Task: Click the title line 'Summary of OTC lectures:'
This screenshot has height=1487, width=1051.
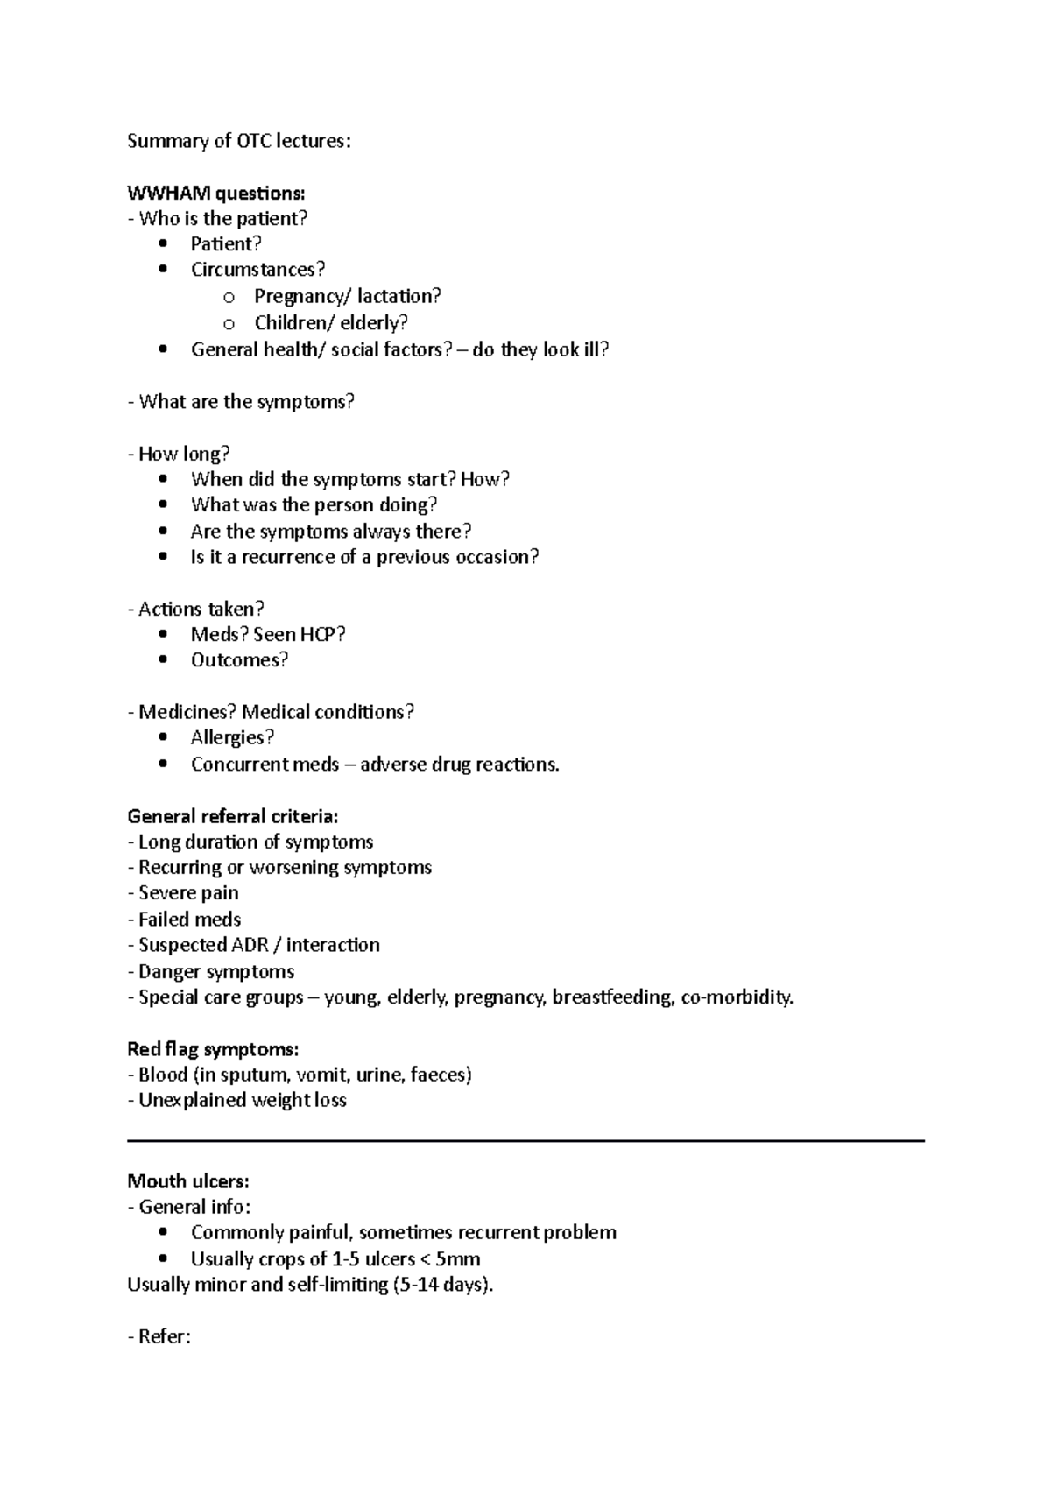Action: click(238, 141)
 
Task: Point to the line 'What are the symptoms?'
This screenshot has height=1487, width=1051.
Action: click(245, 402)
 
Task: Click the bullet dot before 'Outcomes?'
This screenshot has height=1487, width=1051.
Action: click(163, 660)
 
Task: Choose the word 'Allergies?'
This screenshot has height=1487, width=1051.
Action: click(232, 737)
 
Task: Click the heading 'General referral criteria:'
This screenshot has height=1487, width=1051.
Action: click(233, 816)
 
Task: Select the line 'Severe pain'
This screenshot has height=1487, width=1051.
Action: click(187, 893)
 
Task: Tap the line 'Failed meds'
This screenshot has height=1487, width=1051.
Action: click(189, 920)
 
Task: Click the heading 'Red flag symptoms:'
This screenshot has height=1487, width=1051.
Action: click(213, 1049)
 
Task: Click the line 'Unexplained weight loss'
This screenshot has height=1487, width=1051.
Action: click(242, 1101)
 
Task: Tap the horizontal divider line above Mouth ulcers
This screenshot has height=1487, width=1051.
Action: click(525, 1141)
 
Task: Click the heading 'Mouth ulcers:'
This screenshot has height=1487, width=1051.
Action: click(188, 1181)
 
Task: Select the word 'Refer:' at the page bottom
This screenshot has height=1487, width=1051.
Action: click(164, 1337)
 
